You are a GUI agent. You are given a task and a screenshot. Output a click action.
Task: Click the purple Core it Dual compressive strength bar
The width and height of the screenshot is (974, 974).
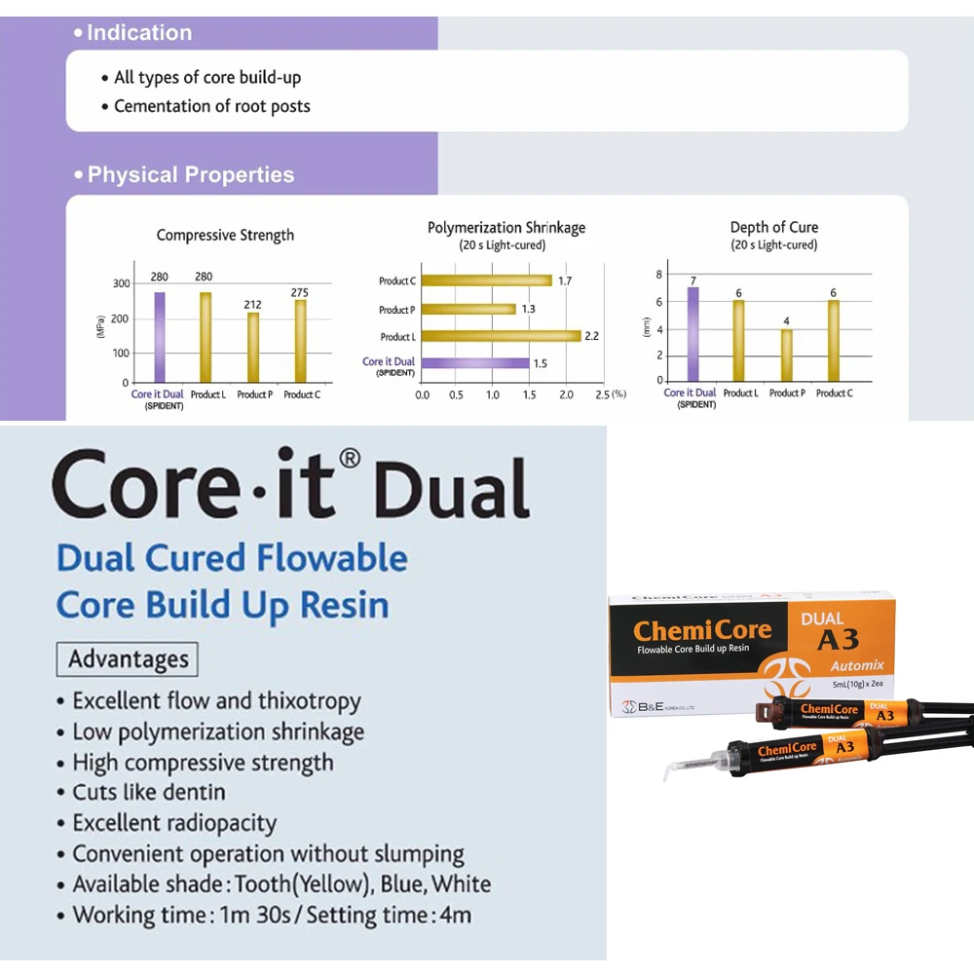pos(160,337)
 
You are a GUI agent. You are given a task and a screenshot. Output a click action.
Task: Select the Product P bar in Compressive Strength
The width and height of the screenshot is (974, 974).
pos(253,347)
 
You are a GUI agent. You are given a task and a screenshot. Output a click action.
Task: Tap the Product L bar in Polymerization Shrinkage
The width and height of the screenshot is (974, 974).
pos(501,336)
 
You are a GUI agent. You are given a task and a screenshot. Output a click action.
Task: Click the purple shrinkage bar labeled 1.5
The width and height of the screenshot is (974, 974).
pos(475,363)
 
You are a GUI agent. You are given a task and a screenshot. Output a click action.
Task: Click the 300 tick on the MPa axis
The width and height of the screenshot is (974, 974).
pos(121,283)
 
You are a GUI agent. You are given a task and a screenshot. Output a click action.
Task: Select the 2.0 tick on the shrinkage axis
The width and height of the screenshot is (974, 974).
pos(566,395)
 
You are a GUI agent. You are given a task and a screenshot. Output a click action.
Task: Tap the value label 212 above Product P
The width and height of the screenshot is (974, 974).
pos(251,305)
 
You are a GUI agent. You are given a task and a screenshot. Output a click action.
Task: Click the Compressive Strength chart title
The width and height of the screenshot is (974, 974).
pos(225,235)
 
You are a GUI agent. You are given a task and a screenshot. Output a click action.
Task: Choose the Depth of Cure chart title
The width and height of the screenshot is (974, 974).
pos(774,227)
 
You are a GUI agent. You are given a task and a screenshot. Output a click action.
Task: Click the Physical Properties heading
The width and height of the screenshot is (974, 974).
pos(190,175)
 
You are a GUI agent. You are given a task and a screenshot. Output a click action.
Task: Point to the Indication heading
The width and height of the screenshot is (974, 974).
pos(138,33)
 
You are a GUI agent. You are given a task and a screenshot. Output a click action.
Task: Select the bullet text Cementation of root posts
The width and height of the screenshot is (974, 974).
pos(212,106)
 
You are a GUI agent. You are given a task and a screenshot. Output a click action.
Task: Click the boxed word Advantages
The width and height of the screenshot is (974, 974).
pos(127,659)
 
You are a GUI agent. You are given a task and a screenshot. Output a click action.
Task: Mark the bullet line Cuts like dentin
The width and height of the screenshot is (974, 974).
pos(149,793)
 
